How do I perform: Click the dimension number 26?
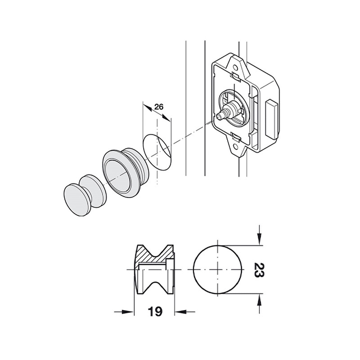pos(159,107)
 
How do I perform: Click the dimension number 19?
pos(155,311)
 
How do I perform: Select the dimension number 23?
pos(259,270)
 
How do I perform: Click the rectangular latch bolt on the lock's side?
pos(272,120)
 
